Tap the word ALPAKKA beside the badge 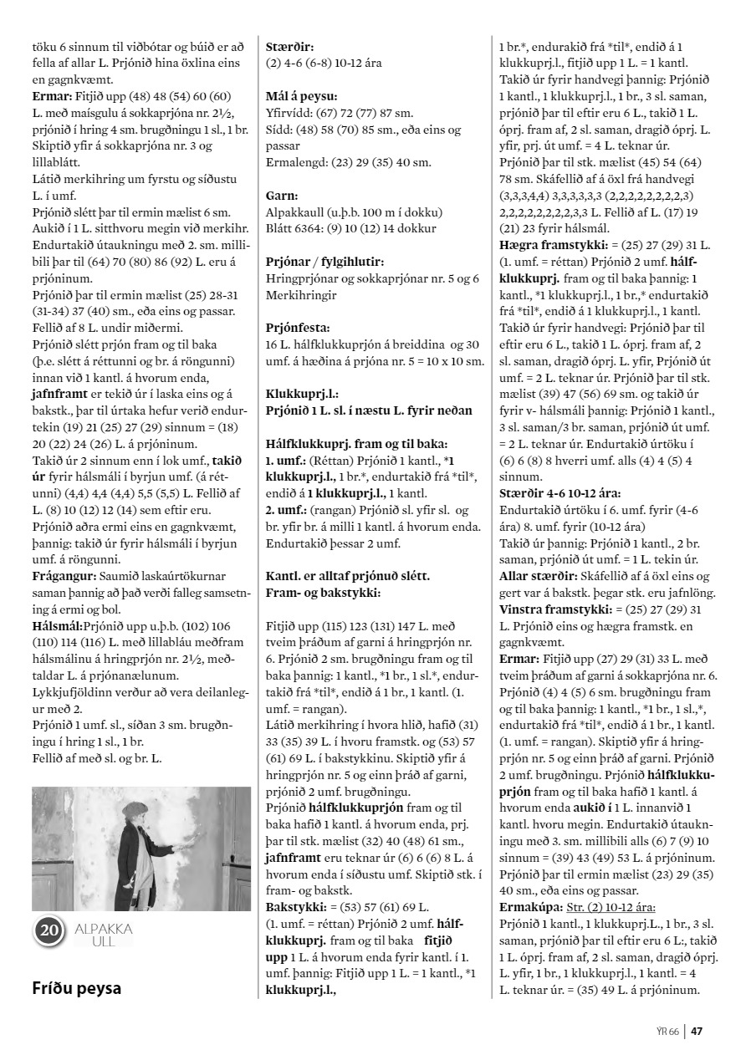[x=104, y=929]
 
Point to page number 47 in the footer [x=696, y=1031]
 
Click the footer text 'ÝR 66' [x=668, y=1031]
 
